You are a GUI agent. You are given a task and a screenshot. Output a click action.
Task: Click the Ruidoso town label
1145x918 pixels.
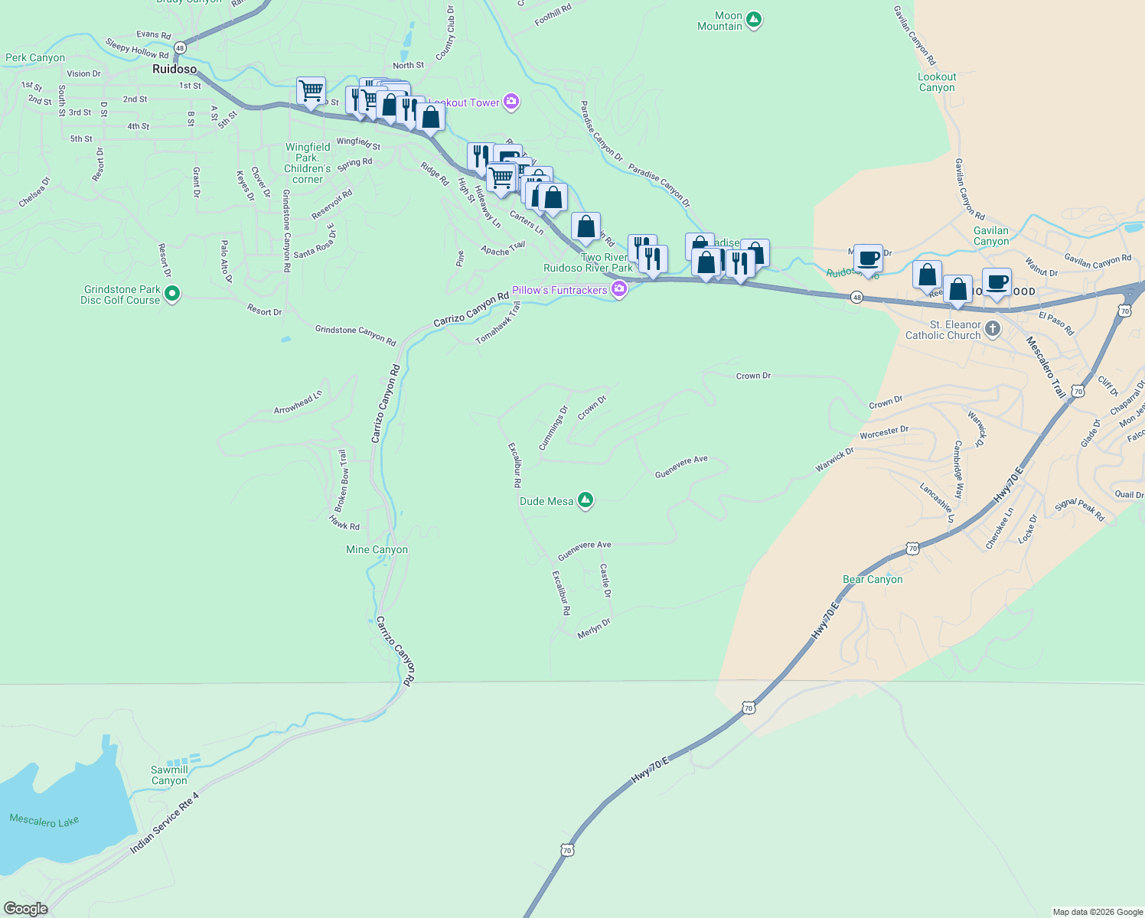click(x=175, y=69)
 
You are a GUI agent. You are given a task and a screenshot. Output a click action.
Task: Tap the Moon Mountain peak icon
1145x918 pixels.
click(x=754, y=20)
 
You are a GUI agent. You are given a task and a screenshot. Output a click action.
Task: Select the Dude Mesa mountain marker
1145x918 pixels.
click(x=586, y=500)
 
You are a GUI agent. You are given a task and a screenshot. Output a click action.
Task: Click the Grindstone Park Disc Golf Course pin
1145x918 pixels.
click(x=172, y=294)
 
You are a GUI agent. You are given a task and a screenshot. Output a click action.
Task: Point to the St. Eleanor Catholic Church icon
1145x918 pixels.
click(x=993, y=330)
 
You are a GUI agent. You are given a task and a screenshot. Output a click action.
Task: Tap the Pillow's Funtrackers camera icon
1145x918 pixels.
click(x=618, y=290)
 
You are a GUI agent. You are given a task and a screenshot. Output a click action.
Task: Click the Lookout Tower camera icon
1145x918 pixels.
click(x=511, y=102)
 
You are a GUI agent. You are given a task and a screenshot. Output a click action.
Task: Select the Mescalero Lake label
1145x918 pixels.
click(x=44, y=821)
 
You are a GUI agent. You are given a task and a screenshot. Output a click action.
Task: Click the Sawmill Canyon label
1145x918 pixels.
click(x=169, y=775)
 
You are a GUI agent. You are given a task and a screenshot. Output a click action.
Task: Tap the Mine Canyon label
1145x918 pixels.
click(x=377, y=549)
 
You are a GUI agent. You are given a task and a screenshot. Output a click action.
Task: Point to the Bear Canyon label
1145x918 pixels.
click(x=873, y=579)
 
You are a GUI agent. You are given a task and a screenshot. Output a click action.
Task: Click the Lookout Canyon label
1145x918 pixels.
click(x=937, y=82)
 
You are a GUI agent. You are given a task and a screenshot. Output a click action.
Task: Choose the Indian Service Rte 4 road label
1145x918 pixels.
click(x=164, y=823)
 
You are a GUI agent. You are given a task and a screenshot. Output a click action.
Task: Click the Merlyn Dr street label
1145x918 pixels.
click(x=594, y=628)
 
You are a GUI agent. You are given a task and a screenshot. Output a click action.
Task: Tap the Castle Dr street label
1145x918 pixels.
click(x=605, y=581)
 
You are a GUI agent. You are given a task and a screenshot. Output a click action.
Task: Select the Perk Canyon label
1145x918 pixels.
click(x=35, y=57)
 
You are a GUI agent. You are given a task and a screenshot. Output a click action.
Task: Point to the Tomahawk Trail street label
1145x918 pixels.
click(x=498, y=323)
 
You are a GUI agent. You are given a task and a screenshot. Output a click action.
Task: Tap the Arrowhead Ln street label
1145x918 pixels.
click(x=298, y=402)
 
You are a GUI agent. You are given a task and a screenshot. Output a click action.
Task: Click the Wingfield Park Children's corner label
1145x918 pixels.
click(x=308, y=163)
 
